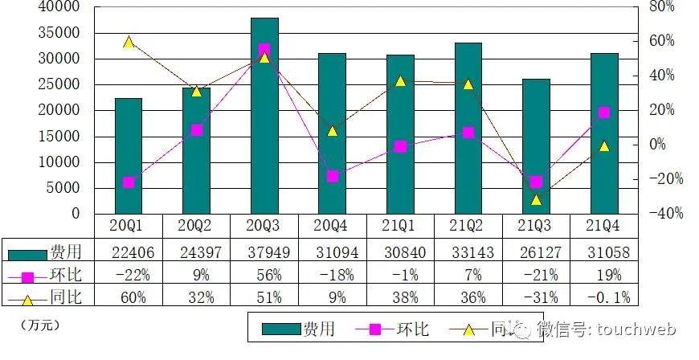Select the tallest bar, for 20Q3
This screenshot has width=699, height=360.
point(264,116)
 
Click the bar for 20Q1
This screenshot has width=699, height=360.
point(129,156)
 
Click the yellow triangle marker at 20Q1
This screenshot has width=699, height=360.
point(129,42)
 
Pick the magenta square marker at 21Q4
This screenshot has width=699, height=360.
point(604,113)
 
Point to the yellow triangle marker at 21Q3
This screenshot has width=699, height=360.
point(536,200)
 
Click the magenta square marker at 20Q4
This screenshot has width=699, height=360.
point(333,176)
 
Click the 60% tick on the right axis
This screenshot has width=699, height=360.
point(660,41)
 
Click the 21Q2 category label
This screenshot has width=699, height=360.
point(468,226)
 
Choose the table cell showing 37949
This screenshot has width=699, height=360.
point(264,253)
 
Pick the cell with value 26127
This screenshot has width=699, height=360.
point(536,253)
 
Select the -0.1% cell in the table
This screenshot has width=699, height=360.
point(604,297)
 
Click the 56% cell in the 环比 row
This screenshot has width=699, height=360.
point(264,275)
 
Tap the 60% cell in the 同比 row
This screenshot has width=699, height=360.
point(129,297)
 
